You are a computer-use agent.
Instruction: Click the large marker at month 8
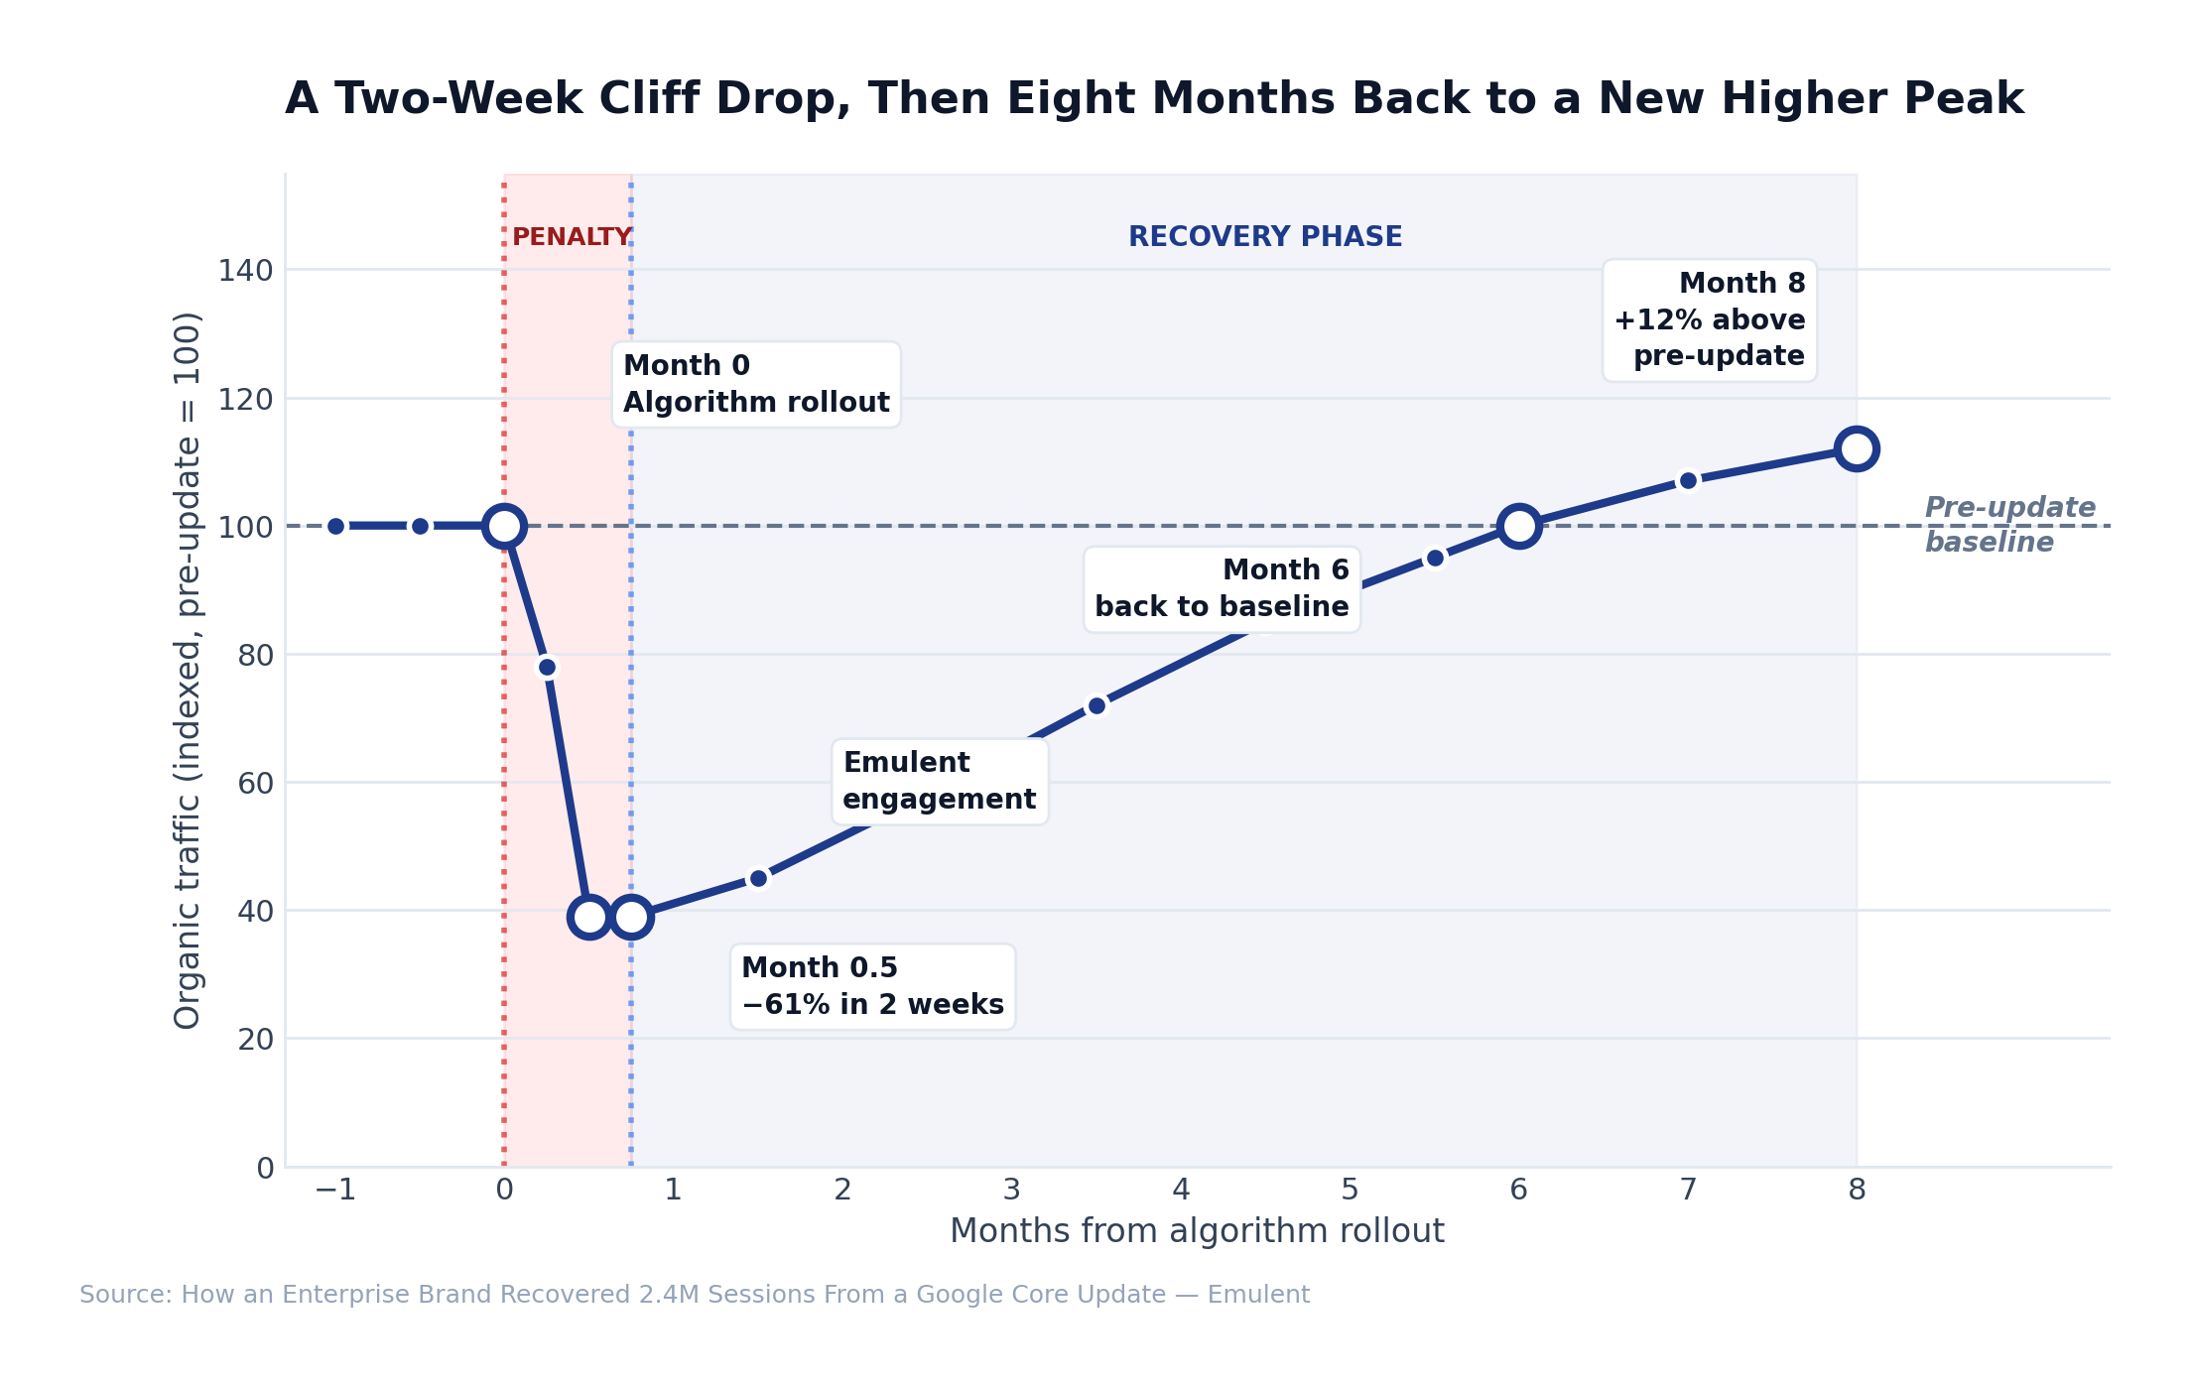[1856, 448]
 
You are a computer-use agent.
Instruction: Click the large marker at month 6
[1518, 526]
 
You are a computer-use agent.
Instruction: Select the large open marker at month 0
[504, 526]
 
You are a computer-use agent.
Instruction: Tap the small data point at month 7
[1688, 480]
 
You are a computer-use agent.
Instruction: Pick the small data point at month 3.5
[1096, 705]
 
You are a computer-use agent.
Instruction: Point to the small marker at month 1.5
[758, 878]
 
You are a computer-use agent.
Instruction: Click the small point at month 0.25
[547, 667]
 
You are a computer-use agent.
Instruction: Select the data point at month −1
[335, 526]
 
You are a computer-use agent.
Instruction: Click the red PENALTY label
[572, 237]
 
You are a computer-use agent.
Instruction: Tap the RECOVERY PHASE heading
[1265, 237]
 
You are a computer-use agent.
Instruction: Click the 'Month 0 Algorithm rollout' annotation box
[756, 384]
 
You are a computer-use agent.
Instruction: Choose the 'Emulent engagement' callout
[939, 781]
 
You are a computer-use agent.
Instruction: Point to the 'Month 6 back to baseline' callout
[1222, 588]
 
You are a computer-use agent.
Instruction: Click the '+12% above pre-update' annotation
[1709, 319]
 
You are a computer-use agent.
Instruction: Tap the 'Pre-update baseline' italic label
[2008, 524]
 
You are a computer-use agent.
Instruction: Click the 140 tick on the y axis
[245, 270]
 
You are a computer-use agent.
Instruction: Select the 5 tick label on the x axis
[1350, 1190]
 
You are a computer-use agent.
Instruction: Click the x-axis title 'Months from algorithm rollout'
[1196, 1231]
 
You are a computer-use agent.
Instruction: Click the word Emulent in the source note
[1257, 1295]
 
